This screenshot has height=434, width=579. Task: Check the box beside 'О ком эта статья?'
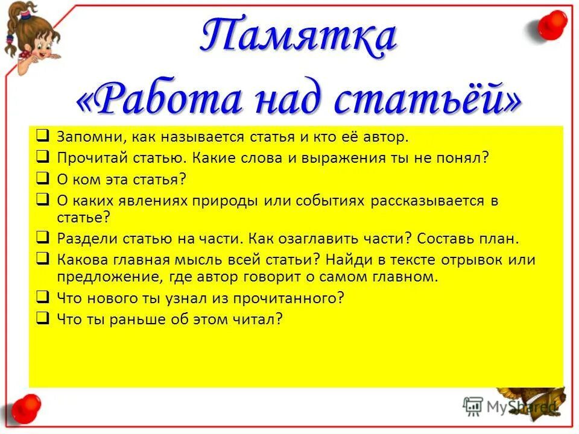[42, 178]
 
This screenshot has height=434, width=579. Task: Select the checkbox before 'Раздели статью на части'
[42, 237]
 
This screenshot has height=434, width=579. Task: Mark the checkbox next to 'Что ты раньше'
[42, 318]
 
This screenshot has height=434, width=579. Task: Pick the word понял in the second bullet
[466, 158]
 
